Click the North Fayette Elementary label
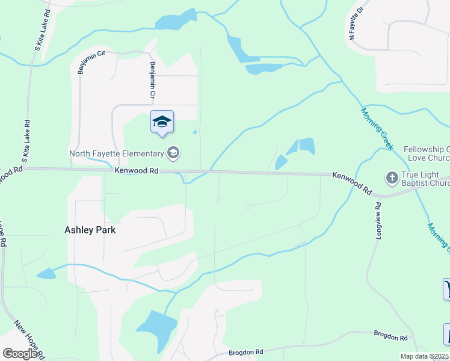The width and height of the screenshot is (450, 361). [117, 153]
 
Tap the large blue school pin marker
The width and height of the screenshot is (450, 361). [162, 122]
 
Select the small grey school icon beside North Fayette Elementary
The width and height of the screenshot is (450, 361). [173, 153]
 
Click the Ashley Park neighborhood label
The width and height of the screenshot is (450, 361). [90, 229]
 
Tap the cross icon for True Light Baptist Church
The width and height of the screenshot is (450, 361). [392, 178]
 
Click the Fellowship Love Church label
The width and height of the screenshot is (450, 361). [427, 153]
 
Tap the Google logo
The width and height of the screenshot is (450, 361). [20, 354]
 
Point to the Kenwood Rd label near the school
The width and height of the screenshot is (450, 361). [137, 171]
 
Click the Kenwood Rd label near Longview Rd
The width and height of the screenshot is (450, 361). [352, 182]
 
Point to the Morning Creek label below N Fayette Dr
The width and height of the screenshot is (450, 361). [377, 129]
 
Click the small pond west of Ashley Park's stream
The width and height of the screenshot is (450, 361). [46, 274]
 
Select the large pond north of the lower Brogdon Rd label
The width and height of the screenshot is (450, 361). [158, 328]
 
